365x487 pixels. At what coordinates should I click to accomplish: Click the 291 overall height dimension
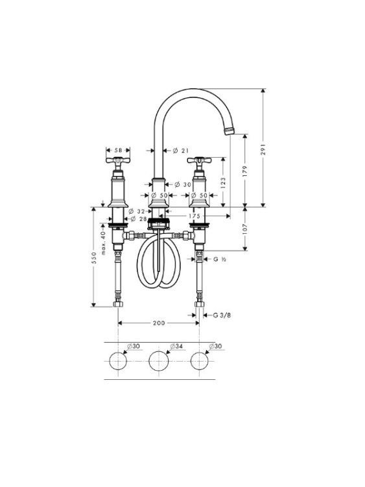click(264, 150)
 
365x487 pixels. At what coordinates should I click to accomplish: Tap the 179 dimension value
click(245, 171)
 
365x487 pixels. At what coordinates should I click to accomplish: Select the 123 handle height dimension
click(223, 183)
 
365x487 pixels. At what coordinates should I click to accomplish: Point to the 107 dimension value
click(245, 229)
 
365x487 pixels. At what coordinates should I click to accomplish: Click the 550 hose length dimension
click(94, 258)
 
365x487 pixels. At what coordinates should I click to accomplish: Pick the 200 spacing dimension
click(159, 323)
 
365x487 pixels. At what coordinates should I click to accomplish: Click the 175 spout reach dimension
click(194, 216)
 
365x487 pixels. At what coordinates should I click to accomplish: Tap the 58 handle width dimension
click(118, 151)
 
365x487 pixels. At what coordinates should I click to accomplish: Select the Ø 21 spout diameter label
click(180, 151)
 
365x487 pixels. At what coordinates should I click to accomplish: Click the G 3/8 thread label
click(222, 315)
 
